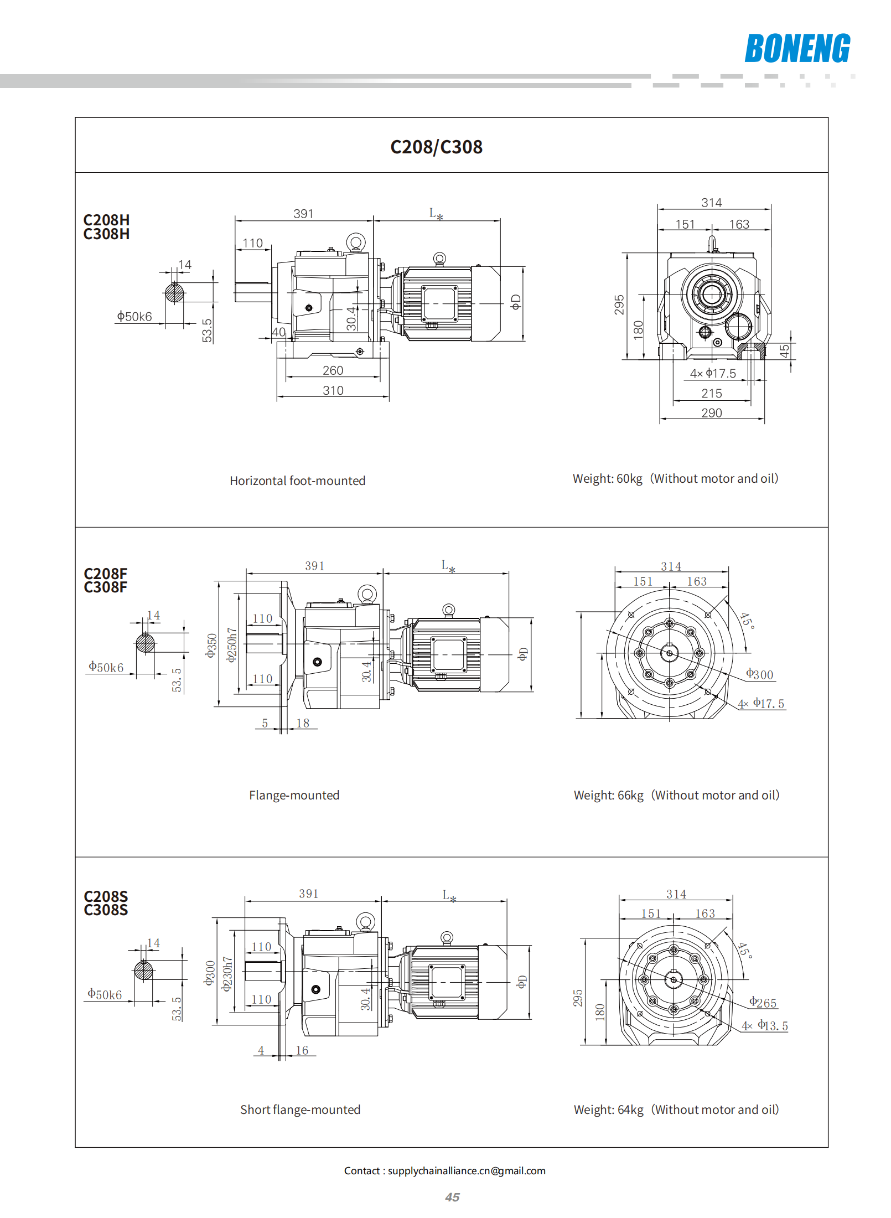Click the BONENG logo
click(x=797, y=48)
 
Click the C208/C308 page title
click(x=436, y=147)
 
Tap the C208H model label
click(x=106, y=220)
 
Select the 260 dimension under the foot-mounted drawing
click(x=333, y=370)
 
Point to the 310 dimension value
click(x=333, y=390)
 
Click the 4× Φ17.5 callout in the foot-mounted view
click(x=713, y=374)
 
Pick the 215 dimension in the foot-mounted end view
click(x=711, y=394)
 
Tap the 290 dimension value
click(x=711, y=413)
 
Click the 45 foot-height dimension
click(x=784, y=351)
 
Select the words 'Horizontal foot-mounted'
click(x=297, y=481)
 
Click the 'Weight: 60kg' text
click(x=607, y=478)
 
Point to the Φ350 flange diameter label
click(x=211, y=645)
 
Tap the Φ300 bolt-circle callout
click(x=759, y=674)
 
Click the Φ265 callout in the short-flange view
click(x=763, y=1003)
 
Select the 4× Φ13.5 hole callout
click(x=765, y=1025)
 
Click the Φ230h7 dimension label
click(x=227, y=974)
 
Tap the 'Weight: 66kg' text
click(x=608, y=795)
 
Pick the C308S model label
click(x=106, y=910)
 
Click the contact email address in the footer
click(x=466, y=1170)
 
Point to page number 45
click(x=452, y=1197)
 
